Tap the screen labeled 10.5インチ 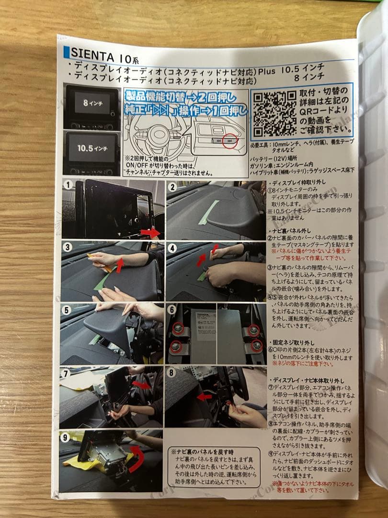pos(91,148)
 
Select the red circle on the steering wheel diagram pos(231,141)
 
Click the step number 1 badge pos(69,185)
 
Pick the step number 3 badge pos(68,247)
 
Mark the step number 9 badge pos(67,436)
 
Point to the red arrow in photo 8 pos(205,397)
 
